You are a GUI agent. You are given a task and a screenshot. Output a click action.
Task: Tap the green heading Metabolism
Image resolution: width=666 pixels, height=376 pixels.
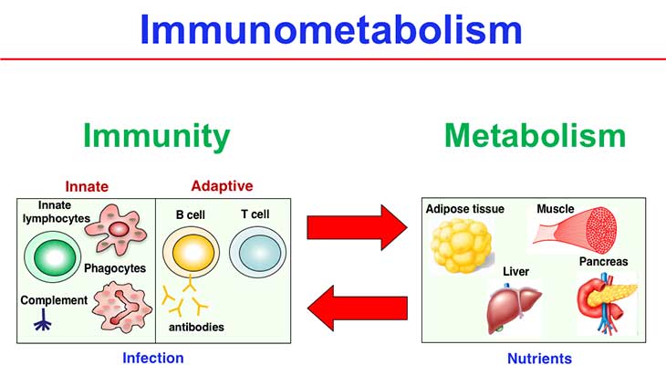point(535,137)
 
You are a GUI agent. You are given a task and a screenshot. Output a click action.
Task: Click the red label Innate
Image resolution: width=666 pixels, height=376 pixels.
point(87,186)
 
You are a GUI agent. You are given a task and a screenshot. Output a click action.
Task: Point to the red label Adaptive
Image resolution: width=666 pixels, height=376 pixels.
point(222,185)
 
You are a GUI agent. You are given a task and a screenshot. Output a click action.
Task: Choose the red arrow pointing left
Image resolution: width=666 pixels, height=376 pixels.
point(355,307)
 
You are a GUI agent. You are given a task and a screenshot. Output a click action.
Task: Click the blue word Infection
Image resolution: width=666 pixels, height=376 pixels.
point(153,358)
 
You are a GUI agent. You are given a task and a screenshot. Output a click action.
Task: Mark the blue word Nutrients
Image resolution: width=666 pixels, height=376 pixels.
point(539,359)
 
